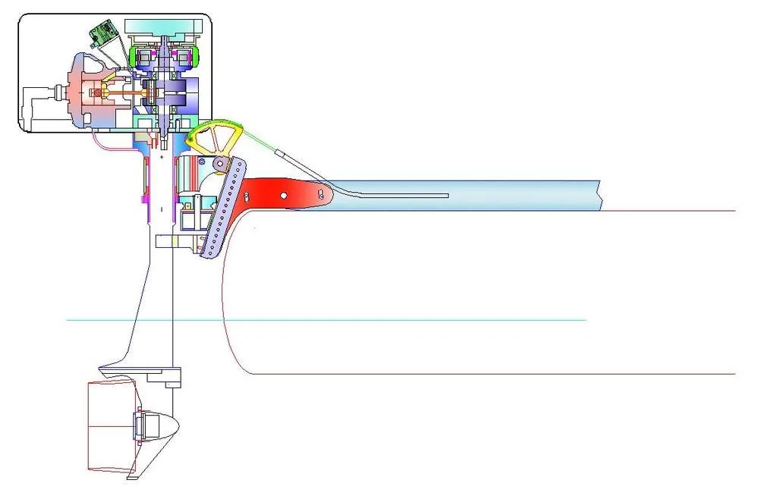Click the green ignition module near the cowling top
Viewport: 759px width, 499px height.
click(102, 32)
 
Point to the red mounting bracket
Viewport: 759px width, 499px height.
click(281, 193)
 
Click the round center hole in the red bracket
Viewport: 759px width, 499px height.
click(283, 196)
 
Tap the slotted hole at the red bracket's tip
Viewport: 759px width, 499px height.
click(322, 195)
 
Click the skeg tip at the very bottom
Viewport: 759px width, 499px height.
click(133, 476)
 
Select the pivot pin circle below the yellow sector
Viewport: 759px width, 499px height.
click(219, 165)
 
